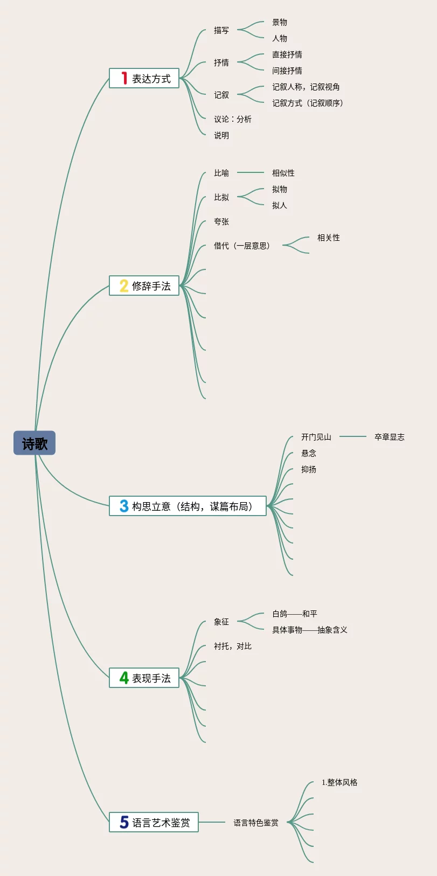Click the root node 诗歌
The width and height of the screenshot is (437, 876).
coord(34,443)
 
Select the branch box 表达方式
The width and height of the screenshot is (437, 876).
coord(144,79)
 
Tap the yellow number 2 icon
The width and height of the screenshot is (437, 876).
coord(124,286)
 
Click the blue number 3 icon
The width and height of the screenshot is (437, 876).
coord(124,506)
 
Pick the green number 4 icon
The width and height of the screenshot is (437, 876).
coord(124,678)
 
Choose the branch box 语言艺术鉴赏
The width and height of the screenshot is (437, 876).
coord(154,822)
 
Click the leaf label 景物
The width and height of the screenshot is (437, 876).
coord(280,22)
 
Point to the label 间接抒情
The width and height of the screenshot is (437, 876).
coord(287,71)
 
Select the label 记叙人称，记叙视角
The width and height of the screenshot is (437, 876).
coord(306,87)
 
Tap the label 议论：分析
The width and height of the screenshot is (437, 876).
coord(233,119)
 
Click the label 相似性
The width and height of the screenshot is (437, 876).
coord(283,173)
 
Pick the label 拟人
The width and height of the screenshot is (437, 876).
coord(280,205)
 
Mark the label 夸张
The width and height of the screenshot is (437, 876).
coord(221,221)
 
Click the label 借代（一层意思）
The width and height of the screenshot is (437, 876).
coord(242,246)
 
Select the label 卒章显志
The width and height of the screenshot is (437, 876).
coord(390,437)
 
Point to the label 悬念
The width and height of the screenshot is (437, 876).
coord(309,453)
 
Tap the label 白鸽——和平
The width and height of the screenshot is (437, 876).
coord(295,614)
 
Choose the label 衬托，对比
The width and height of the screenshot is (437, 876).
coord(233,646)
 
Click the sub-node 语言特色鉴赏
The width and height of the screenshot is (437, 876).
coord(256,823)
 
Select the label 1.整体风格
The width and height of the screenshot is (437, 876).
coord(339,782)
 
